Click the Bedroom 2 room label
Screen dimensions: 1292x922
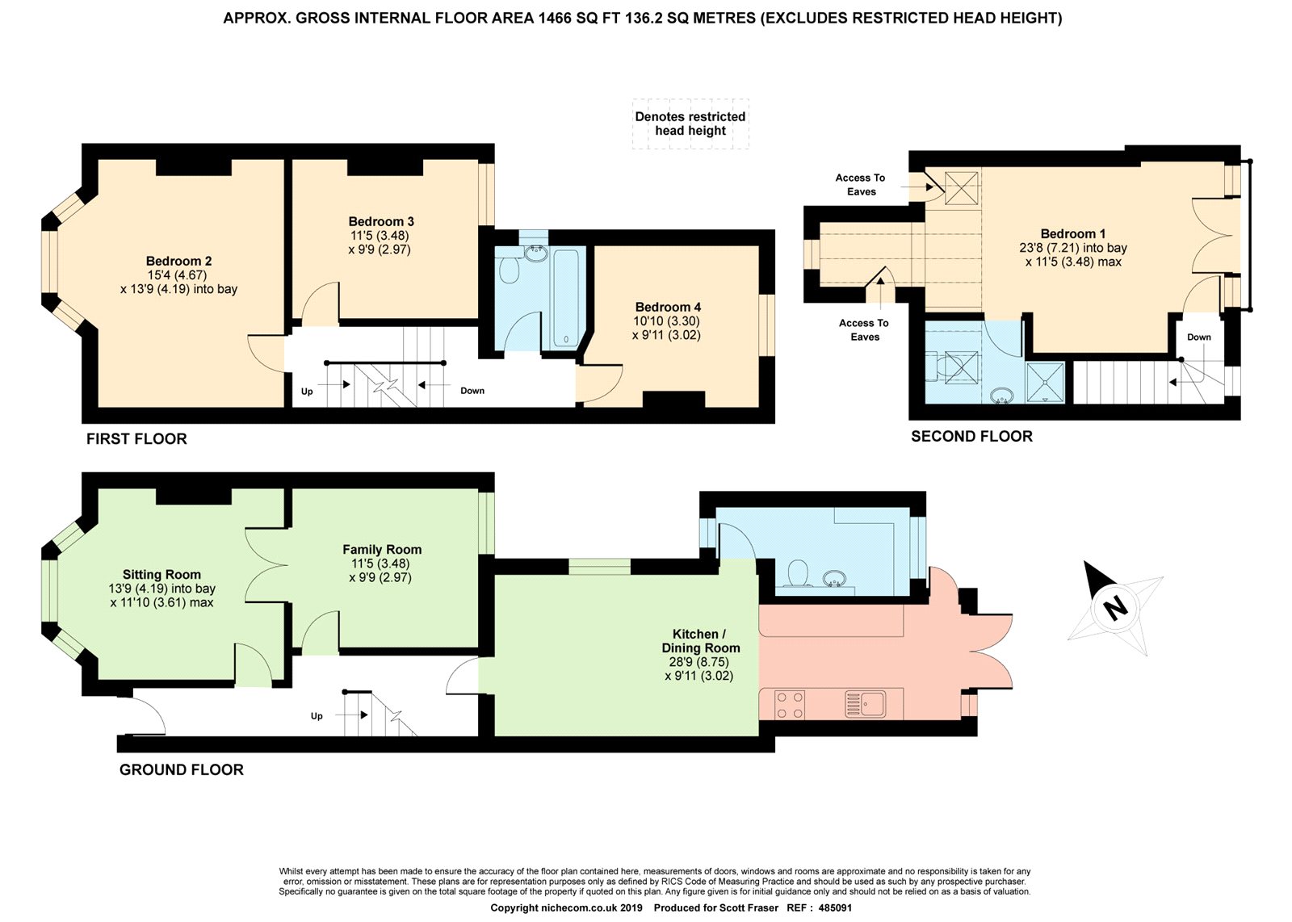click(178, 261)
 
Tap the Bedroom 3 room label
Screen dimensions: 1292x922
click(380, 221)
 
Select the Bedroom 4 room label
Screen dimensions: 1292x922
click(668, 307)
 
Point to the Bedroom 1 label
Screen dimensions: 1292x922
click(1073, 233)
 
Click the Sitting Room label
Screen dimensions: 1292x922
click(161, 574)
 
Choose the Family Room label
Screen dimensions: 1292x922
click(382, 550)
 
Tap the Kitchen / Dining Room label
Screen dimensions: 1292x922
click(700, 640)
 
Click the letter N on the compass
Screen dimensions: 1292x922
click(1114, 607)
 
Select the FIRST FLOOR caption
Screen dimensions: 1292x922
click(136, 439)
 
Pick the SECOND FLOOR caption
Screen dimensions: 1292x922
click(972, 437)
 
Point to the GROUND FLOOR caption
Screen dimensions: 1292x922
click(182, 769)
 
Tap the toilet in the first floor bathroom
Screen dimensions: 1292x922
click(508, 267)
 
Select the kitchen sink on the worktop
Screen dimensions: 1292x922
click(865, 704)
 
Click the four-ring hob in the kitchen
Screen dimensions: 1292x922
click(791, 705)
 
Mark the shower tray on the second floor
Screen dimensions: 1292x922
click(1045, 382)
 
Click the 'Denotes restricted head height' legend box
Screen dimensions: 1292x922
click(690, 124)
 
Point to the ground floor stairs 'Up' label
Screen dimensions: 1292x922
click(317, 716)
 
